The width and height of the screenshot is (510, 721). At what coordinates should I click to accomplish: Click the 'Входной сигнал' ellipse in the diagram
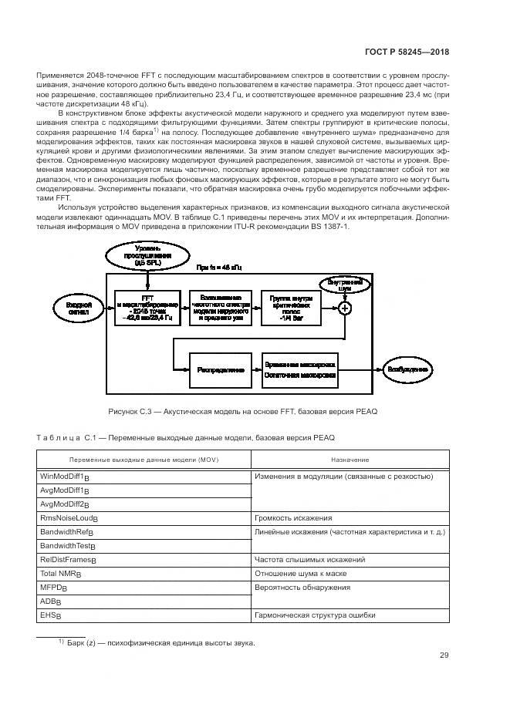[75, 308]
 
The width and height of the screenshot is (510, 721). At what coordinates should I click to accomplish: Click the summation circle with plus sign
[345, 308]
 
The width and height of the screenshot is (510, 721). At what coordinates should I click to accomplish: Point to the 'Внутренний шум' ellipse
[345, 285]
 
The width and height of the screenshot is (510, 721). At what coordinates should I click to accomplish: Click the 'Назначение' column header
[350, 460]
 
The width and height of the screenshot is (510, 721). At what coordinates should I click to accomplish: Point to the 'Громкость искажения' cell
[350, 518]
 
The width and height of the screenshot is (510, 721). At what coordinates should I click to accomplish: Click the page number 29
[444, 655]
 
